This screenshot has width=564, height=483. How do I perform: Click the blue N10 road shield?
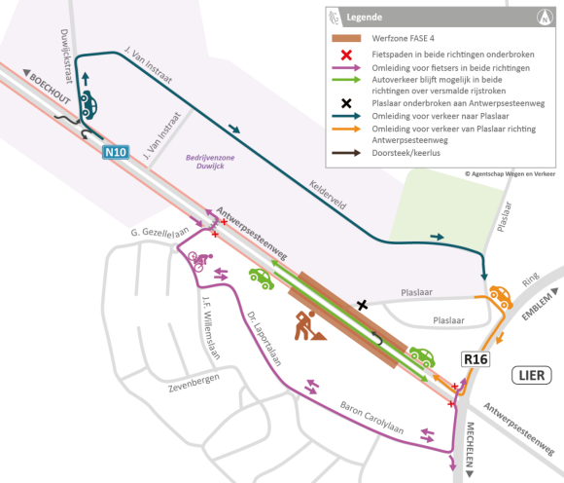116,152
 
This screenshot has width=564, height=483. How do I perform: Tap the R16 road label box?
476,359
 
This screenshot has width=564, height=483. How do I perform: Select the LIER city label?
531,376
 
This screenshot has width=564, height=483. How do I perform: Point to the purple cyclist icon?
200,261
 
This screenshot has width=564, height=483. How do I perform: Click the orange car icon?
501,297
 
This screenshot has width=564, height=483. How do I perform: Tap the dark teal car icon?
88,105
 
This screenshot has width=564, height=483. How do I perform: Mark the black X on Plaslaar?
362,305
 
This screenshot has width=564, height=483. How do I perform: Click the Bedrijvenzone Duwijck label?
210,162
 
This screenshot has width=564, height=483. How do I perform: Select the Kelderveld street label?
328,195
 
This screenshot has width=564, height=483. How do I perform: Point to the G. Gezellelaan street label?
159,233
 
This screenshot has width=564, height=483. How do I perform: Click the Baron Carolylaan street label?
371,418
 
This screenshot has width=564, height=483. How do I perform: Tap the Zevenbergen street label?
194,383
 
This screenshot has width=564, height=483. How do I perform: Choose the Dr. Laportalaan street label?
264,339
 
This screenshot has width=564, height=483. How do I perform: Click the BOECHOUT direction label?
47,87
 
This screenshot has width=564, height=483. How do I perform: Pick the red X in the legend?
346,56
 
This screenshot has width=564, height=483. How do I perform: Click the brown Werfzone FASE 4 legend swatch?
346,38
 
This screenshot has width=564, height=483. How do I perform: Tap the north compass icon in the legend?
545,18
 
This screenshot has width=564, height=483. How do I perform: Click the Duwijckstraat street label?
66,56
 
